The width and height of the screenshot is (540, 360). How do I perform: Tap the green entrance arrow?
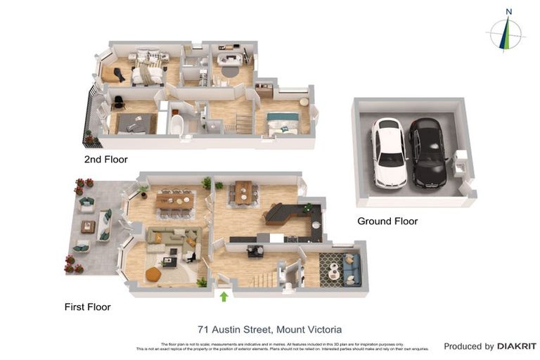224,297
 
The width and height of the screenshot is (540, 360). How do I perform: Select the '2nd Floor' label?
106,160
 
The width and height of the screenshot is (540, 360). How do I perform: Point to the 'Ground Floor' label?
387,221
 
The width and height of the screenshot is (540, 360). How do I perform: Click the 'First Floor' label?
87,307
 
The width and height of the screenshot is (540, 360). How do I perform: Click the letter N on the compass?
508,11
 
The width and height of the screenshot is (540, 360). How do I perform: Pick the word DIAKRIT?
517,346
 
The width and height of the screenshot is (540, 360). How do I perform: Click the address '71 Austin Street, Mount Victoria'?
270,329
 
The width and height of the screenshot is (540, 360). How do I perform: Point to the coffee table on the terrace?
88,226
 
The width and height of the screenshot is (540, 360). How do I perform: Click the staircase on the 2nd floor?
244,124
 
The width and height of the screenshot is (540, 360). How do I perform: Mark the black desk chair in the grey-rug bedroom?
119,103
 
